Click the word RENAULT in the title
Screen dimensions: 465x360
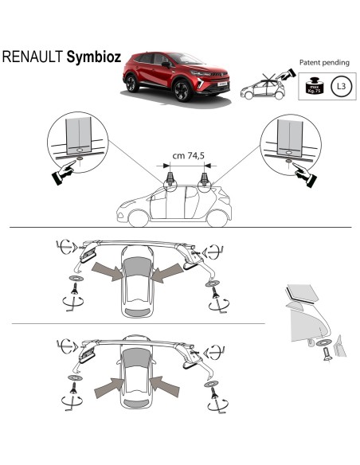33,58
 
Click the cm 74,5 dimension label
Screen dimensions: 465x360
190,156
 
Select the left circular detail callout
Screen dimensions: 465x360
79,140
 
